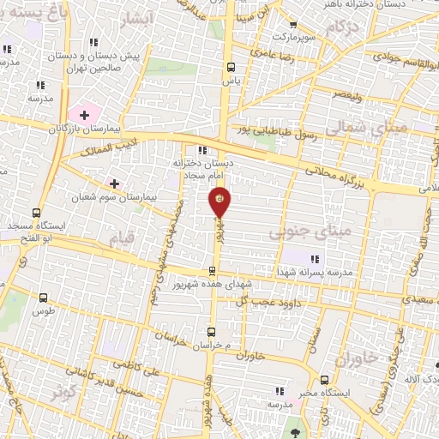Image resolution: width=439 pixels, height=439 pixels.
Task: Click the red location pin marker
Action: pyautogui.click(x=220, y=201)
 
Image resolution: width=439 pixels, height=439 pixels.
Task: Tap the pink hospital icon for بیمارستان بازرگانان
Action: pyautogui.click(x=85, y=114)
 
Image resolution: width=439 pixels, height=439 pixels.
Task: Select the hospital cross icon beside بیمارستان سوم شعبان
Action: pyautogui.click(x=114, y=183)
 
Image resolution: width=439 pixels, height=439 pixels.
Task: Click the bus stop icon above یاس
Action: pyautogui.click(x=230, y=67)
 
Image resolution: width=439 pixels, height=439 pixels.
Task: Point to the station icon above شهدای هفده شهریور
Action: pyautogui.click(x=212, y=271)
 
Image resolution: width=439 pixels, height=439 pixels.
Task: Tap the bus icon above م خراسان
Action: pyautogui.click(x=211, y=331)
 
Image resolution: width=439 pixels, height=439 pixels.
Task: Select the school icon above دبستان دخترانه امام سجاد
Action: pyautogui.click(x=202, y=152)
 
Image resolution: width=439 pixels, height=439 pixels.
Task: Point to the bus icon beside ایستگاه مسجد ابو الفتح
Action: pyautogui.click(x=36, y=213)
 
